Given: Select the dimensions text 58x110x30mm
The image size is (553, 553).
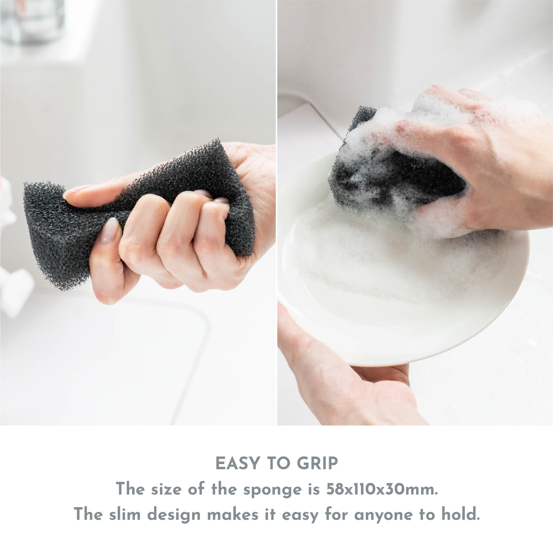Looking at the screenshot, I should pos(382,489).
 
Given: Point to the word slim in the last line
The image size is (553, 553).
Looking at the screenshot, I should pos(125,514).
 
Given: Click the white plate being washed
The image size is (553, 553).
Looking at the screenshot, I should pos(401,300).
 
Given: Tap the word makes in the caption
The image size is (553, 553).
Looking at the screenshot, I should pos(233,514).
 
